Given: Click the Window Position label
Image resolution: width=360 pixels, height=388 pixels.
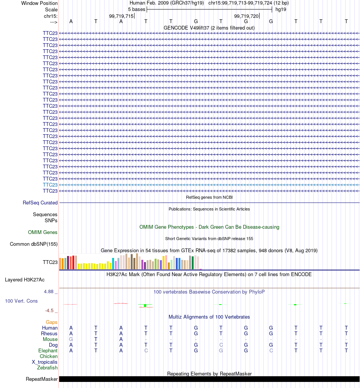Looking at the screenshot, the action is [x=39, y=3].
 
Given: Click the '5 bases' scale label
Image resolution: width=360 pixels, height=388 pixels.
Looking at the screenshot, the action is [x=136, y=9].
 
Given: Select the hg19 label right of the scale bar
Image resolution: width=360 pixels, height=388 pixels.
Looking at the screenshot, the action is [x=281, y=9].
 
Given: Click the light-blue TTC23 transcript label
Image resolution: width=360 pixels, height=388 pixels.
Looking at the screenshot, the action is [x=50, y=185].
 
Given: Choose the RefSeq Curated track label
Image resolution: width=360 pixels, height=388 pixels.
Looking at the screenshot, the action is [x=40, y=203].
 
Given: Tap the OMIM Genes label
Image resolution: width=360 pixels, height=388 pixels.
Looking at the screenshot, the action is [x=42, y=232].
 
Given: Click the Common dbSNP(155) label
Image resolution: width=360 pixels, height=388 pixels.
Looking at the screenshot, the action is [x=34, y=244].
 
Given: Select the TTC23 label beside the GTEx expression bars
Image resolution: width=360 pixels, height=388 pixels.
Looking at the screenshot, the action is [x=50, y=262].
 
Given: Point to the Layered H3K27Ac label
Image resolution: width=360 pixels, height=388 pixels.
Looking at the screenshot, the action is [x=25, y=280].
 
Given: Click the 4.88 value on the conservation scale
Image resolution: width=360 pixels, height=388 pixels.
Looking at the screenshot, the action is [x=49, y=292].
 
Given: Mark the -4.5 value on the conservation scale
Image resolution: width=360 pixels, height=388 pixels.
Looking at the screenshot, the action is [x=49, y=311].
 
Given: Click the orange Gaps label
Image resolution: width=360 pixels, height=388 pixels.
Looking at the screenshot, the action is [x=52, y=322].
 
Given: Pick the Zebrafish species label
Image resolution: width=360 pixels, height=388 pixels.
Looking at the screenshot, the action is [x=47, y=368].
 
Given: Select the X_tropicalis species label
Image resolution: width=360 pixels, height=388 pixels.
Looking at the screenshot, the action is [x=44, y=362].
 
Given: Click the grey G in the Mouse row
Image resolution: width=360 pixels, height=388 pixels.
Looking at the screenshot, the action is [x=71, y=339].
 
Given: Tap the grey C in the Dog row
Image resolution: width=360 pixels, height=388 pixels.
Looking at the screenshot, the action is [x=221, y=345].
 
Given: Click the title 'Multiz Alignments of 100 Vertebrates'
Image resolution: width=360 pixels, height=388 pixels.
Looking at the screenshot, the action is [x=209, y=317].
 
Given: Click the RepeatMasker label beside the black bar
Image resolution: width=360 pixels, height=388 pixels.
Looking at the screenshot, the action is [x=42, y=379].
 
